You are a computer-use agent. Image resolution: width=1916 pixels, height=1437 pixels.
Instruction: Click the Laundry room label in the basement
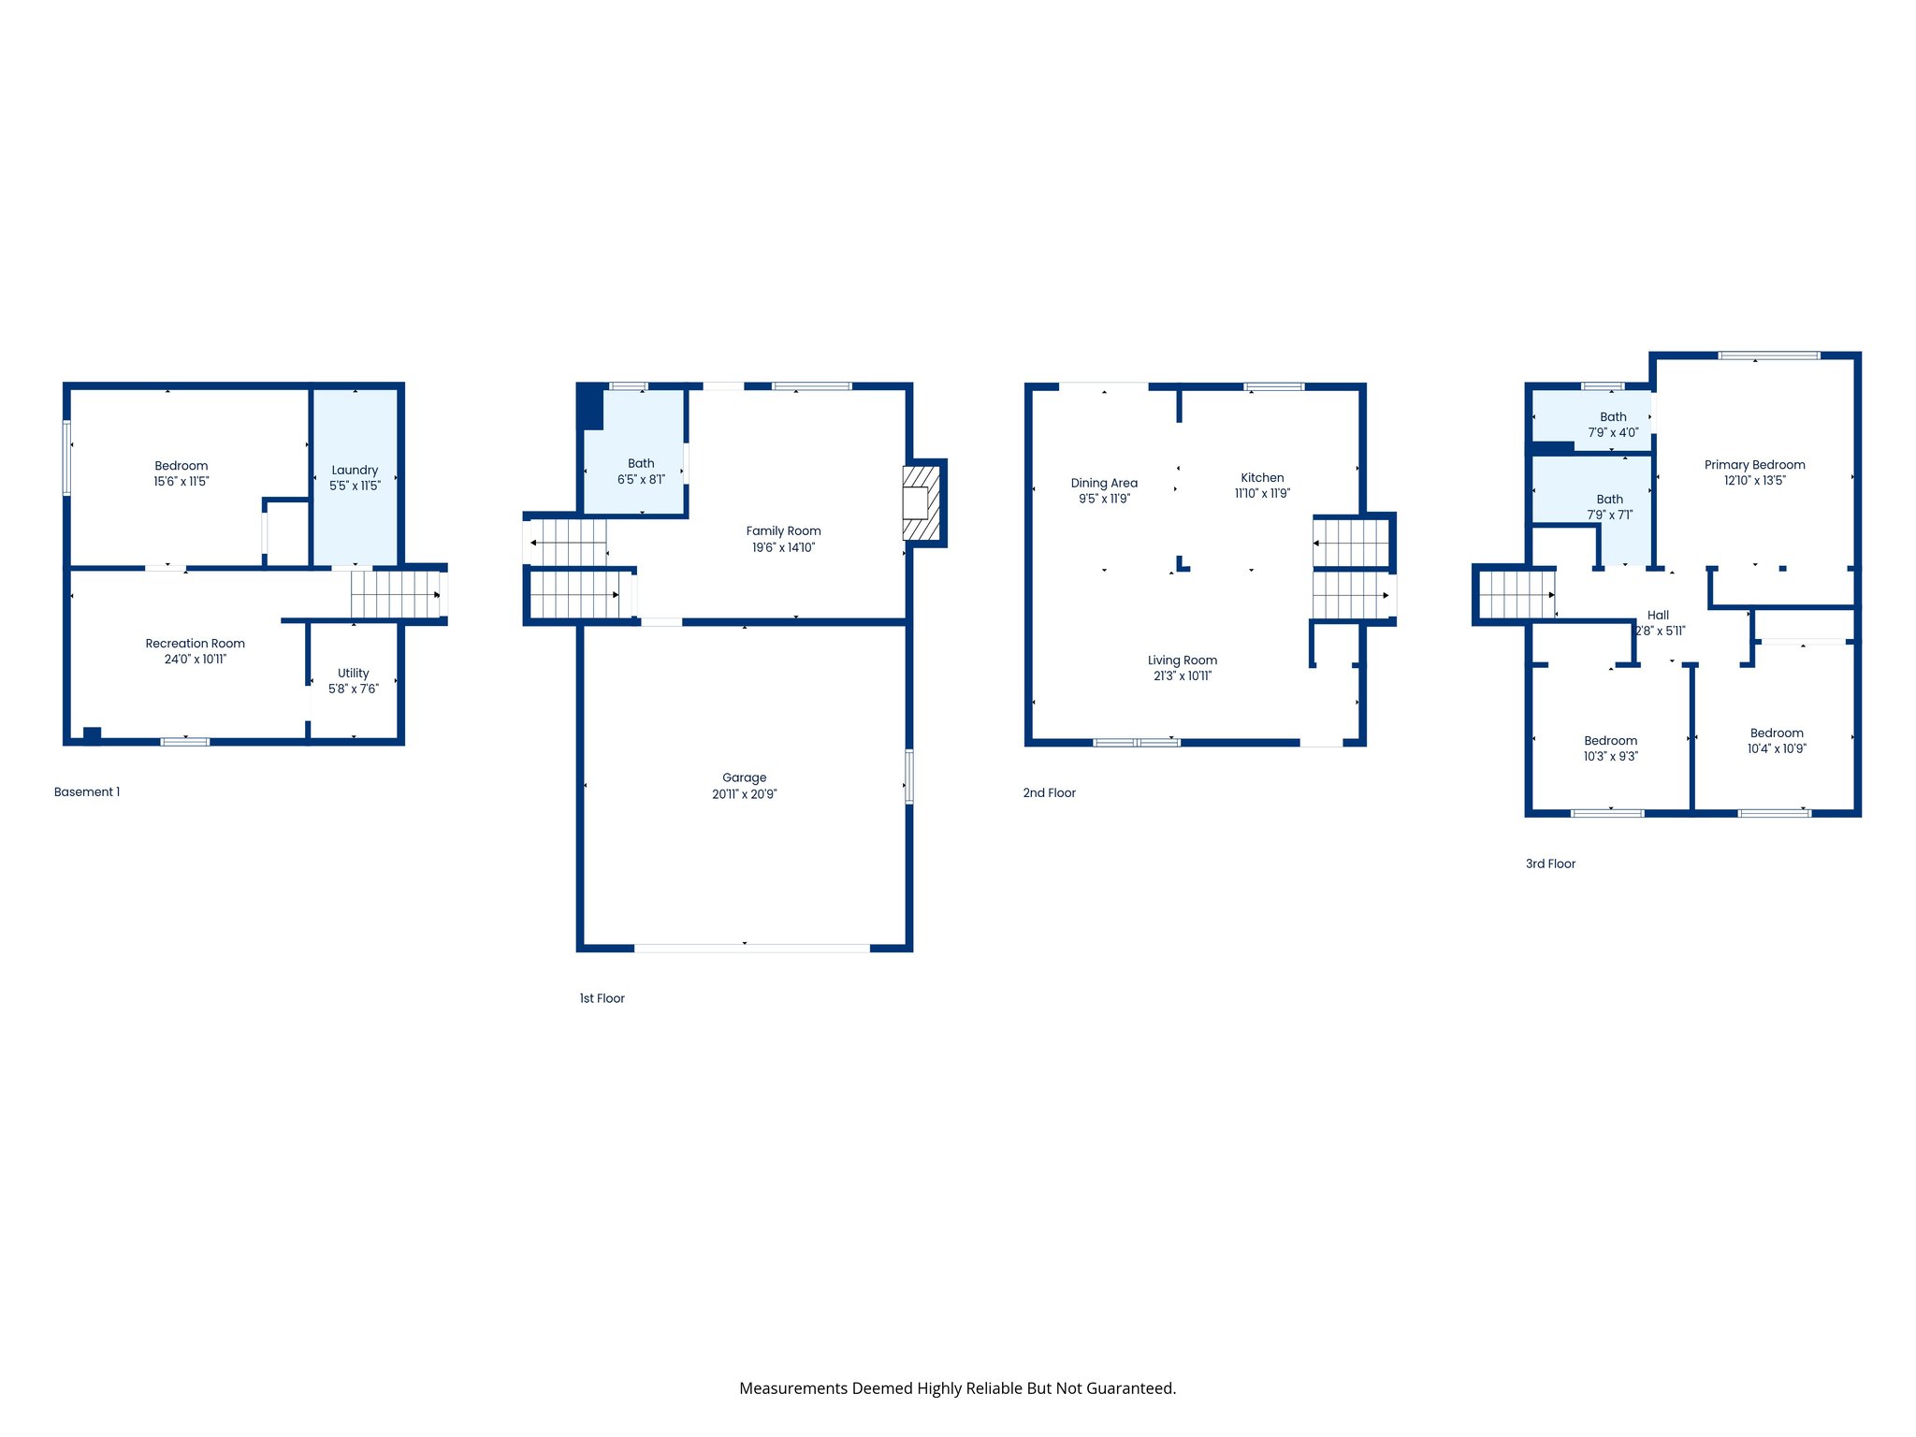click(x=355, y=471)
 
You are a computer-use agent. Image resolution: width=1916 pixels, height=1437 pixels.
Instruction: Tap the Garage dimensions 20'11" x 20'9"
click(x=744, y=794)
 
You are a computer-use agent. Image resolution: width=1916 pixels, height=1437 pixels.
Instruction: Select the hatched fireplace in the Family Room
click(x=921, y=503)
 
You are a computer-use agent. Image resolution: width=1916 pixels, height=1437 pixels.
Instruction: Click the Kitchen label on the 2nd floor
click(x=1262, y=478)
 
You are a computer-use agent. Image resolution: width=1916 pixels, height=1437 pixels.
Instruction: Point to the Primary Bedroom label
click(x=1754, y=465)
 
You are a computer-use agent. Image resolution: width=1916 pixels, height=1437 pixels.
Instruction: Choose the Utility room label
click(x=353, y=674)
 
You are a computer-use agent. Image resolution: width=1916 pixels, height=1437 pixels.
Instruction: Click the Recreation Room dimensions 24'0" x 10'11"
click(x=195, y=660)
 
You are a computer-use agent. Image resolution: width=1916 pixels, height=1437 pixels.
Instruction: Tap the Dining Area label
click(x=1104, y=484)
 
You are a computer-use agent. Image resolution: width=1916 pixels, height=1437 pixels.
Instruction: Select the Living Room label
click(x=1182, y=660)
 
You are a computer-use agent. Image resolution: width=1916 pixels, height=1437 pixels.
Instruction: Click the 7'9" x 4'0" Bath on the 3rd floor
click(x=1612, y=425)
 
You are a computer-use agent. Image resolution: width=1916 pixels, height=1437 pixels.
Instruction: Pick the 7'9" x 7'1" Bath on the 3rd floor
click(x=1609, y=507)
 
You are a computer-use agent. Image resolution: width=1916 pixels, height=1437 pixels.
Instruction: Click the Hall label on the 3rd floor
click(x=1658, y=616)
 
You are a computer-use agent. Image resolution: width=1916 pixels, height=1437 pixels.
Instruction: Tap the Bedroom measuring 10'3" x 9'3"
click(x=1610, y=748)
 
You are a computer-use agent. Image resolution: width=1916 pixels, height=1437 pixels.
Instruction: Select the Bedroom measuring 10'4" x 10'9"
click(x=1777, y=741)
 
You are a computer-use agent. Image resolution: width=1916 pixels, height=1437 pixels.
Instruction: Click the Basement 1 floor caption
click(x=87, y=792)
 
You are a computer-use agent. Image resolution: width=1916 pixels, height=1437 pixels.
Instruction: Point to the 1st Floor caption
click(x=602, y=998)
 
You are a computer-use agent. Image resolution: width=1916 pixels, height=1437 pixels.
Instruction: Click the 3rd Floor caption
click(x=1550, y=864)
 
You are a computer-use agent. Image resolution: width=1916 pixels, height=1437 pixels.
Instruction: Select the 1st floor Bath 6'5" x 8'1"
click(x=641, y=472)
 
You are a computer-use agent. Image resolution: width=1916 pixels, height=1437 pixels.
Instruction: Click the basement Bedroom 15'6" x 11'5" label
click(x=181, y=473)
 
